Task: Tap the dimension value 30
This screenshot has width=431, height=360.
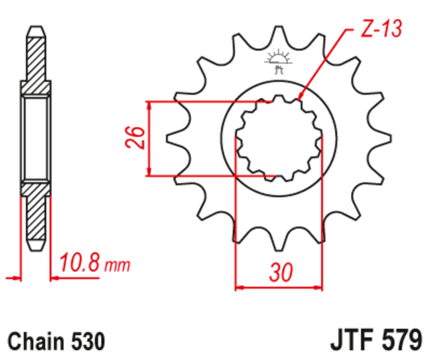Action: tap(280, 273)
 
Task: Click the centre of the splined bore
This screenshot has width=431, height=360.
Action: tap(279, 138)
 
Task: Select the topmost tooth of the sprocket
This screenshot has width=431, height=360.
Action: tap(279, 33)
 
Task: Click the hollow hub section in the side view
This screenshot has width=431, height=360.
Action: tap(36, 138)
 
